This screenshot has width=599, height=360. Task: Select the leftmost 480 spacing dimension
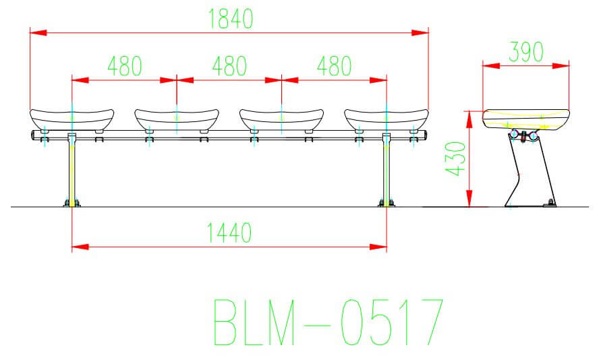(x=124, y=67)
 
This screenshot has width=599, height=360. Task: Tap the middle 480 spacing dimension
(x=229, y=67)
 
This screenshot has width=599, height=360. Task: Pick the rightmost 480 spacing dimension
(x=334, y=67)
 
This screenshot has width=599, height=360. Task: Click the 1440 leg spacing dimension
(x=230, y=233)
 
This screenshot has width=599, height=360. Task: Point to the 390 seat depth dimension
(x=526, y=53)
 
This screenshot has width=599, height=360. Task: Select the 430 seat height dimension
(x=457, y=159)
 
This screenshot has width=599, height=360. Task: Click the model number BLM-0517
(x=329, y=323)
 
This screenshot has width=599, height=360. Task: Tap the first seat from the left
(x=71, y=119)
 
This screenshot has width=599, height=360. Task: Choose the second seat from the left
(x=177, y=119)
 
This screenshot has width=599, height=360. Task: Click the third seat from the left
(x=281, y=119)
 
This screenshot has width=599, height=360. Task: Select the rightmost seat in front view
(x=386, y=119)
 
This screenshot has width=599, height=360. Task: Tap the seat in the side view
(x=527, y=119)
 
